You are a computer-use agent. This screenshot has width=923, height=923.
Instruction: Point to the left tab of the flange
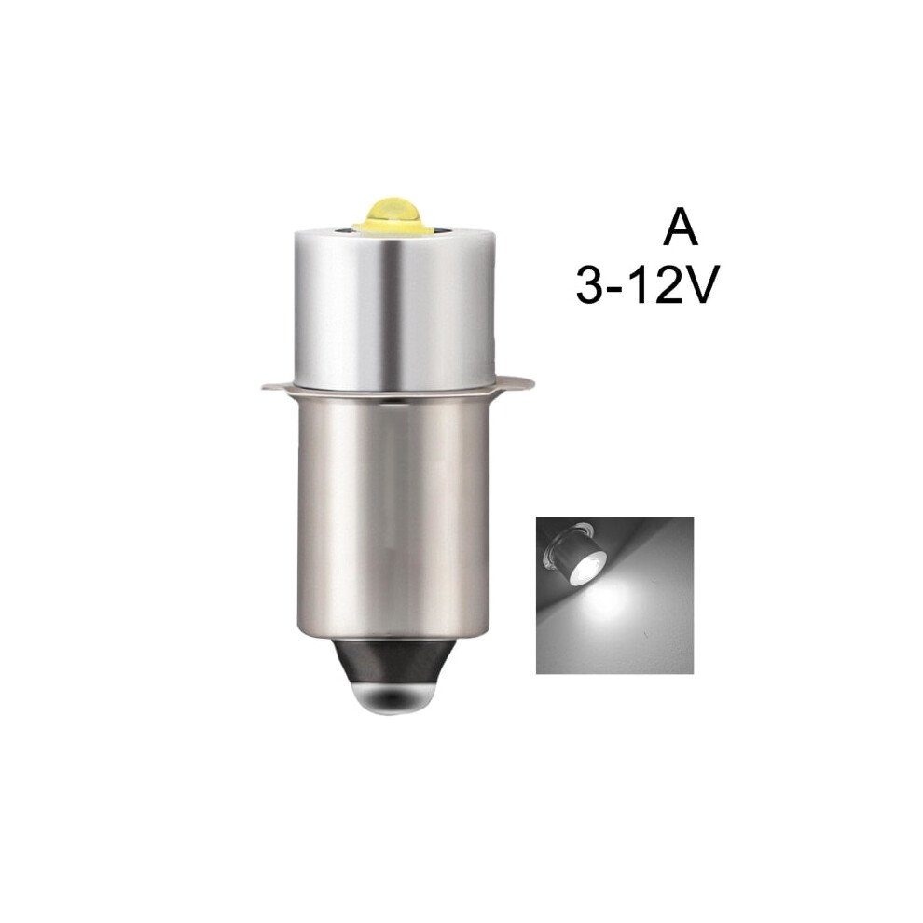click(x=278, y=386)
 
